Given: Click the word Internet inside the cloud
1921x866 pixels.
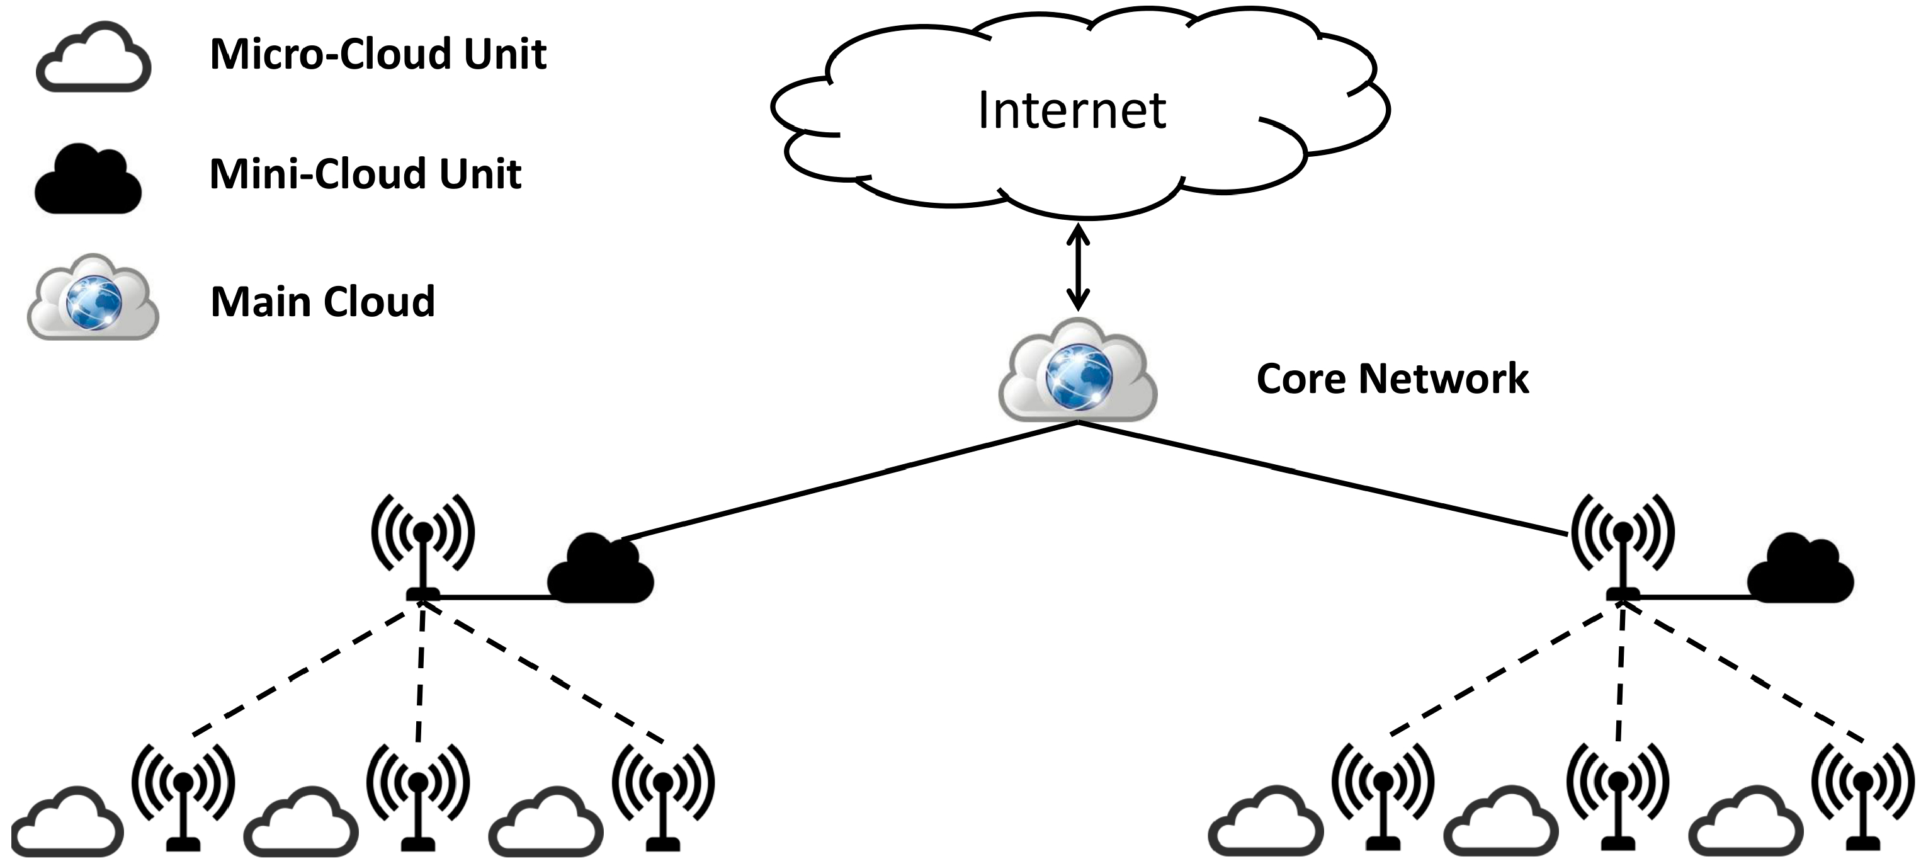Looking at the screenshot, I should coord(1072,110).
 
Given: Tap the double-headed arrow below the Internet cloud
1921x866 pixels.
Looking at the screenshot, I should coord(1077,268).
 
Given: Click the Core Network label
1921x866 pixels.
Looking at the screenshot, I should coord(1391,379).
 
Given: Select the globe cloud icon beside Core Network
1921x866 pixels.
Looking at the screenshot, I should coord(1077,371).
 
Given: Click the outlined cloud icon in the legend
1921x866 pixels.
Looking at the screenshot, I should coord(94,58).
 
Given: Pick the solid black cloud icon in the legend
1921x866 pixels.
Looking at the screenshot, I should coord(88,181).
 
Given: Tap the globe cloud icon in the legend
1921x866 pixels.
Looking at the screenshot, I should coord(93,299).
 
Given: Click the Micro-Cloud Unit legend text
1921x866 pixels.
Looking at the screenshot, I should coord(378,54).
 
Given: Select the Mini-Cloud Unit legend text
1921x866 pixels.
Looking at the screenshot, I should coord(365,174).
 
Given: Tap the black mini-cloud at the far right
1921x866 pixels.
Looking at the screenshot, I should coord(1800,570).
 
